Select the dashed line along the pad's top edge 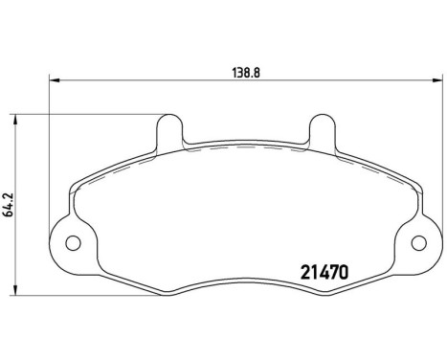click(x=244, y=152)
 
